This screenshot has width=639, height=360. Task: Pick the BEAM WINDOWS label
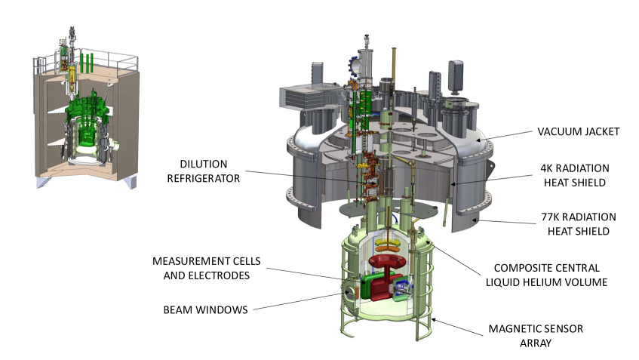(204, 309)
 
